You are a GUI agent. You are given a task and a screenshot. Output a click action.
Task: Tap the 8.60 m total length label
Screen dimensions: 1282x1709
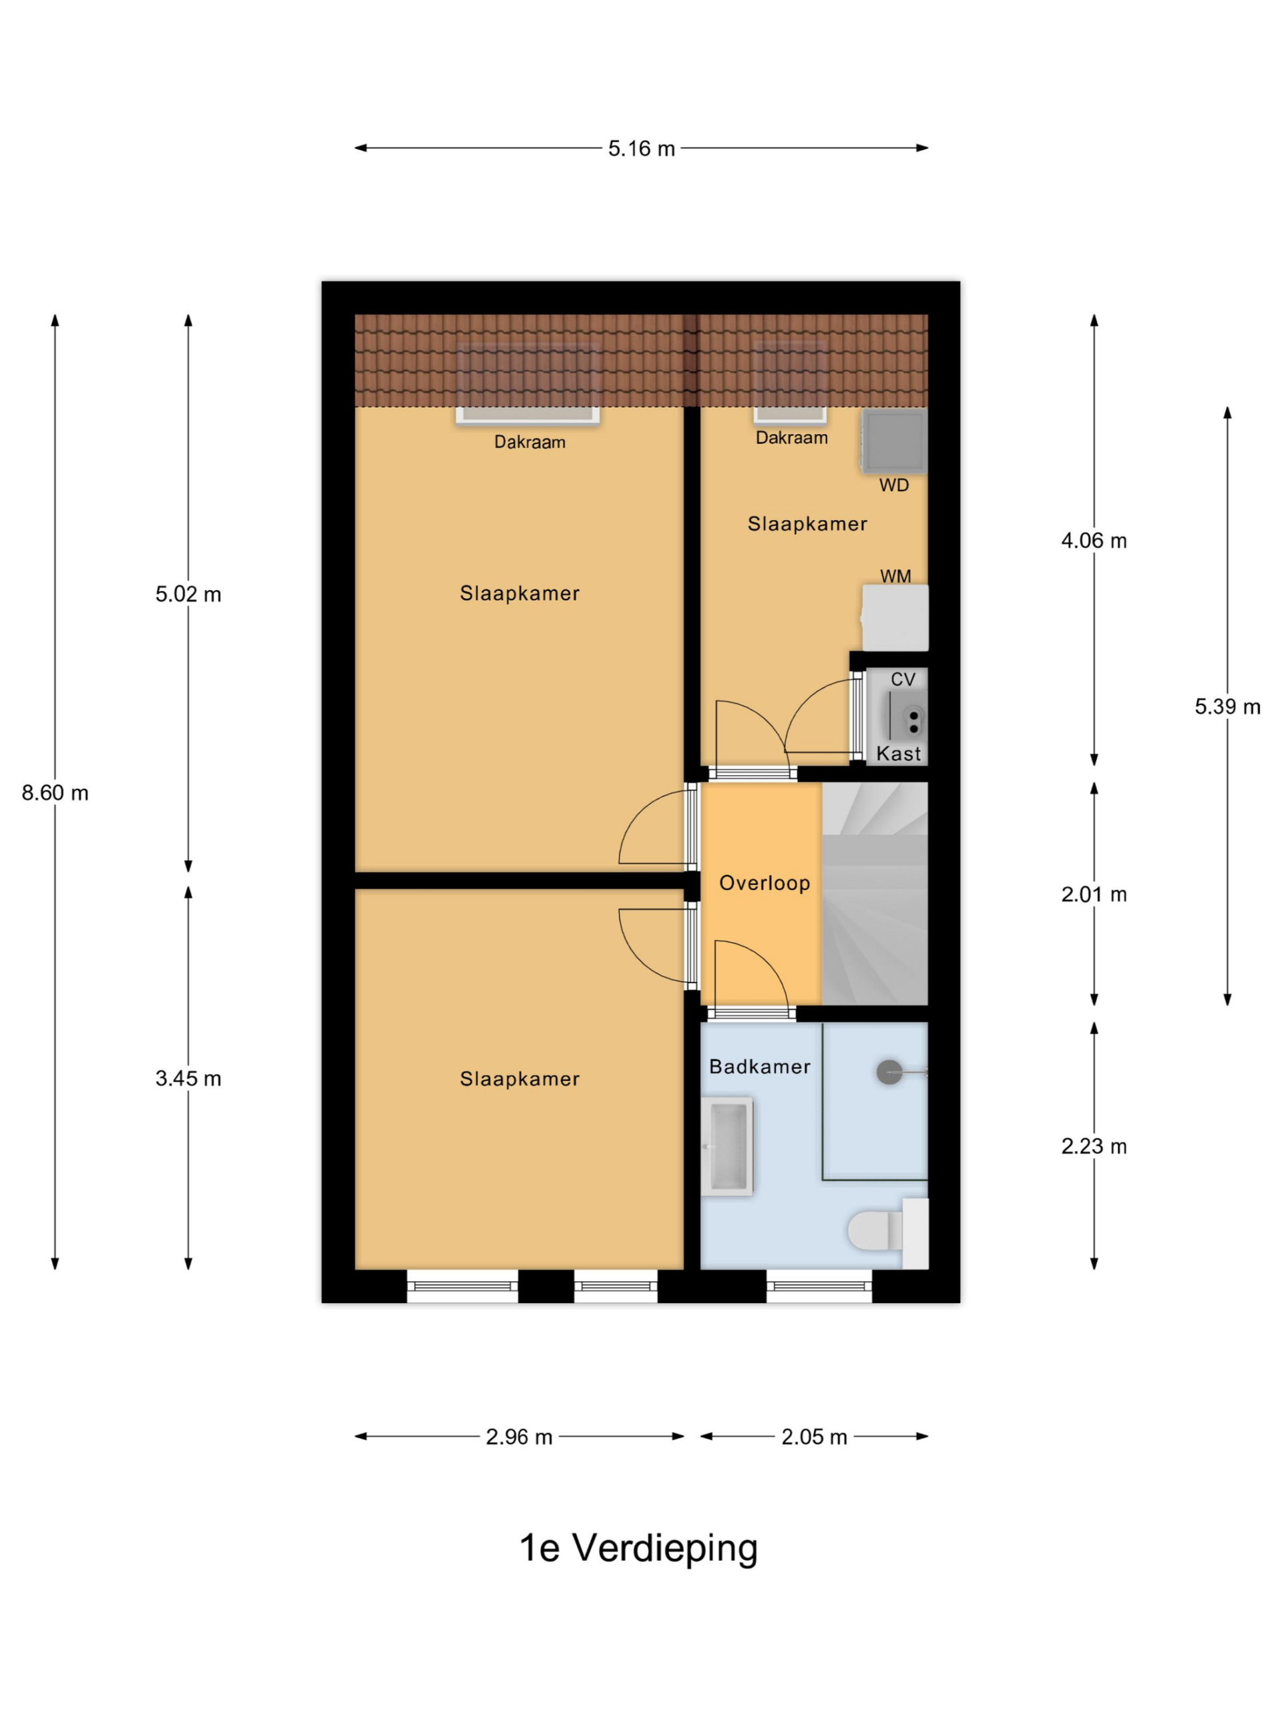55,792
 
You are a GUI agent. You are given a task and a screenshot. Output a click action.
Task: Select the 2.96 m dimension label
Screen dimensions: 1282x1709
519,1436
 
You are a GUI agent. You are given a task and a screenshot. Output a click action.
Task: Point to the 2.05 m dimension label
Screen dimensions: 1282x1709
814,1436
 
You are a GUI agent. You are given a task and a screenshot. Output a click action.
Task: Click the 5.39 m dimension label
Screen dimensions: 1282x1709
1227,706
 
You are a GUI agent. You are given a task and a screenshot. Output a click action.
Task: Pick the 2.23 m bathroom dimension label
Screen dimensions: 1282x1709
1094,1146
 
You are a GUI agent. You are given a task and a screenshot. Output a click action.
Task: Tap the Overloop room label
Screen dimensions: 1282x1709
765,883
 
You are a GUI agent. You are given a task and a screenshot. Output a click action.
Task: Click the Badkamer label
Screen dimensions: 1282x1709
760,1066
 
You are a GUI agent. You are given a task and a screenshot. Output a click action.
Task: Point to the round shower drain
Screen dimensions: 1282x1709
889,1071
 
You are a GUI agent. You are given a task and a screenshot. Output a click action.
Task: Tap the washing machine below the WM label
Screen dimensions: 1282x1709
895,618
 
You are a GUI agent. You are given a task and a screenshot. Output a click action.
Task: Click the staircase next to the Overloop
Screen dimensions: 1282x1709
875,893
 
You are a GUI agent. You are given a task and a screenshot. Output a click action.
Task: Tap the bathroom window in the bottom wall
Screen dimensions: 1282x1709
819,1286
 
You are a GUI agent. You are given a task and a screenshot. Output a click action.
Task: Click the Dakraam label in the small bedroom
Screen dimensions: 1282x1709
791,438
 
